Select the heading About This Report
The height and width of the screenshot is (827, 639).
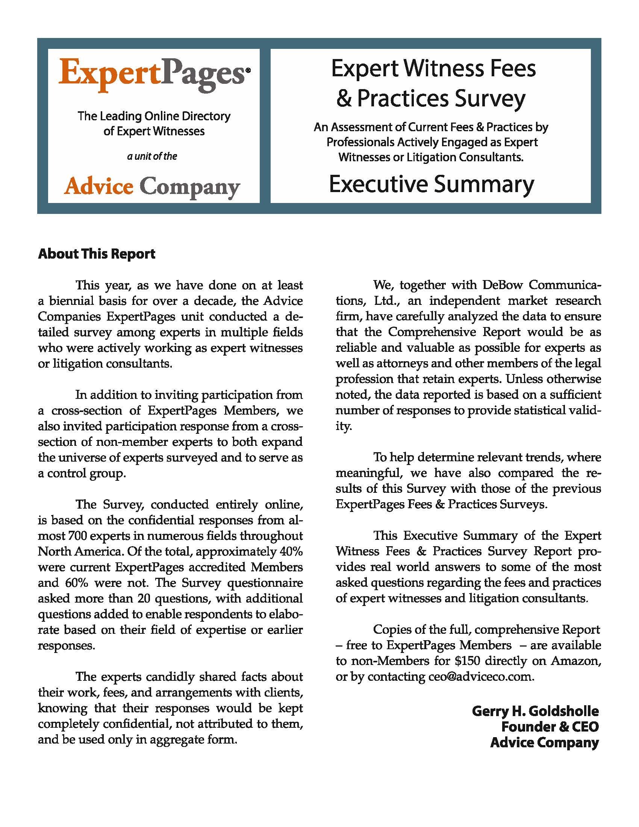point(97,254)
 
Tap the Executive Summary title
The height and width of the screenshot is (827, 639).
point(431,184)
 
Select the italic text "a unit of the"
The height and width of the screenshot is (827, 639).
point(152,156)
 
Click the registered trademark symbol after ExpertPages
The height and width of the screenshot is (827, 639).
point(248,70)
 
